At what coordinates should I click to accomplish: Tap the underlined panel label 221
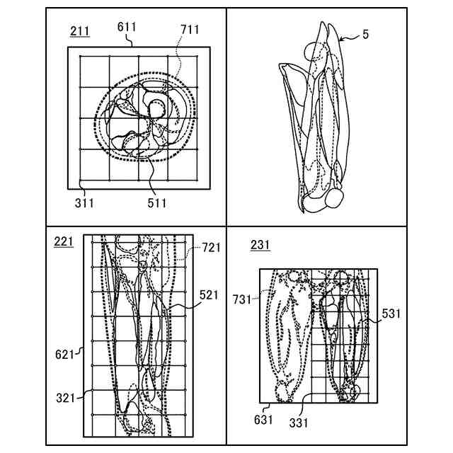pos(63,242)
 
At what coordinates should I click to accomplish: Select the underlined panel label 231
pos(260,246)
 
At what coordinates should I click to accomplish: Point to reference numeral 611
pos(127,26)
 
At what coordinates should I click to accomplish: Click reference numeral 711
pos(189,29)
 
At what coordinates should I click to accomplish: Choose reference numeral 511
pos(156,203)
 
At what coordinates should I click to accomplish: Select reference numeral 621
pos(64,352)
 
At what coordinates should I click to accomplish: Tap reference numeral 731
pos(241,299)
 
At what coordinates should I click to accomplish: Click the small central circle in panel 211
pos(156,108)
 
